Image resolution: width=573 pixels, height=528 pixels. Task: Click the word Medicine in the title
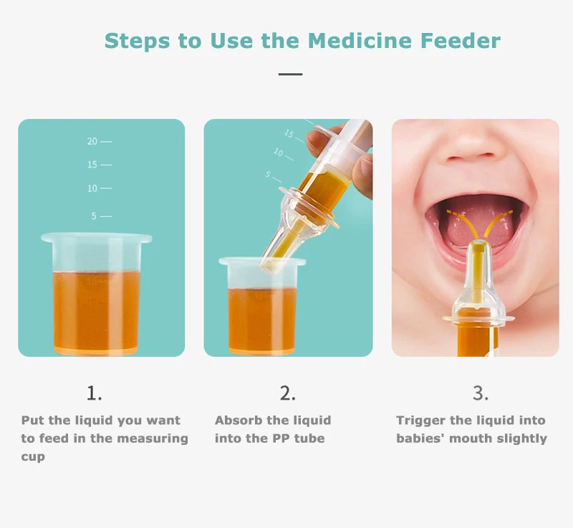coord(360,41)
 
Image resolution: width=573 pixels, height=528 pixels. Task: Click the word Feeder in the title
coord(461,41)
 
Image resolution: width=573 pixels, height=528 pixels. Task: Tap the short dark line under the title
coord(291,75)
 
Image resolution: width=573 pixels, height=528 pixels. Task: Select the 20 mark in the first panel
coord(100,141)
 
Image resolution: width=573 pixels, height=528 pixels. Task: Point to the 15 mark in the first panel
coord(100,165)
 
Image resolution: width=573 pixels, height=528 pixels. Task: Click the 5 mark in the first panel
coord(102,216)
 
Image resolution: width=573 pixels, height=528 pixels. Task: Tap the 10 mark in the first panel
coord(100,188)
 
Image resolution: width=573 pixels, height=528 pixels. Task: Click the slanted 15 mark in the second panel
coord(294,136)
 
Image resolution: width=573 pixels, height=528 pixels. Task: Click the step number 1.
coord(95,393)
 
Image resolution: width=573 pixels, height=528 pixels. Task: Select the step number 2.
coord(288,393)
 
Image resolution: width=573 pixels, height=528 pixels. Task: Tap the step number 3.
coord(480,393)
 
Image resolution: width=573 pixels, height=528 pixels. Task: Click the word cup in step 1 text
coord(33,457)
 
